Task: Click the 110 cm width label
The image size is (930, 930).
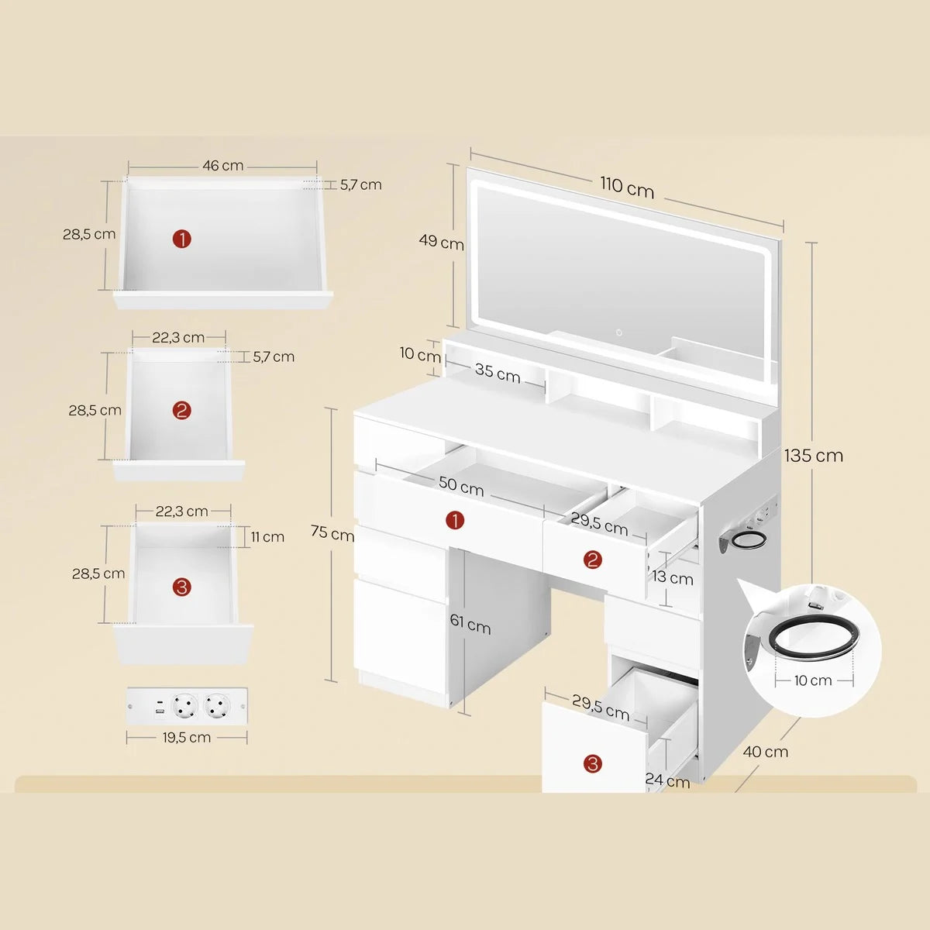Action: coord(627,188)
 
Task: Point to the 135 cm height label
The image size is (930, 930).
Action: coord(814,456)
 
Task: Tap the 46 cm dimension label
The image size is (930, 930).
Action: coord(223,166)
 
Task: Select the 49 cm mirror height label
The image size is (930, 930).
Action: coord(441,241)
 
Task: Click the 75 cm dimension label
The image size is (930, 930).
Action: coord(332,532)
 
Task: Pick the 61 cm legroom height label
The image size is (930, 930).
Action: coord(470,624)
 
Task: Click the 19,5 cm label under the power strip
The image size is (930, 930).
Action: coord(187,738)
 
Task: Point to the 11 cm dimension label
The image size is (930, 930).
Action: coord(267,536)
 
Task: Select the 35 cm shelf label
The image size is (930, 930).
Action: coord(498,372)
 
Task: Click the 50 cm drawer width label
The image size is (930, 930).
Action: coord(461,487)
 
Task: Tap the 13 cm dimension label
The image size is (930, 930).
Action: coord(672,577)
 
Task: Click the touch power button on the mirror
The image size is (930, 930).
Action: coord(618,332)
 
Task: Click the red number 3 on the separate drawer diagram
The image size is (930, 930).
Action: coord(182,587)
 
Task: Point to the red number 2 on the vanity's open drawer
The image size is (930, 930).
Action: coord(592,560)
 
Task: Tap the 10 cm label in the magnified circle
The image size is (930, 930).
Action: coord(813,680)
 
